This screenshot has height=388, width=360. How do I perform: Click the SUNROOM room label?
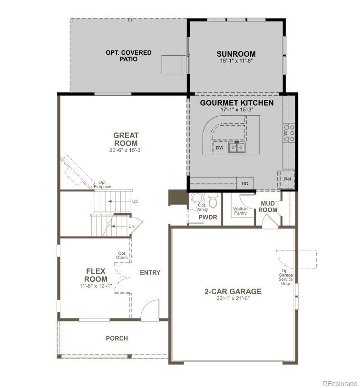tap(236, 54)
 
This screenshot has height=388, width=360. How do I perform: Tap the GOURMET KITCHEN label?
tap(236, 103)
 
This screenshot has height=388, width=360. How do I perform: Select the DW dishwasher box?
tap(219, 148)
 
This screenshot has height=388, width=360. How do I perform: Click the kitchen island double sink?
tap(236, 148)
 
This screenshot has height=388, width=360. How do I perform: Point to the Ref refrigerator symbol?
tap(287, 179)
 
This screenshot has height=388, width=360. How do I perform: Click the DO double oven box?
tap(245, 183)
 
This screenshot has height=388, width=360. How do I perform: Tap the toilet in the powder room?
tap(213, 202)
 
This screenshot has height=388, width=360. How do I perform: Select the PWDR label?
tap(208, 218)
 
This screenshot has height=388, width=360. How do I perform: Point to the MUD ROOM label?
tap(269, 207)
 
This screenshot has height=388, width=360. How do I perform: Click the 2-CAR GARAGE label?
tap(233, 291)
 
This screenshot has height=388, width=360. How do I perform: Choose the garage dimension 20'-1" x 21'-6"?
tap(233, 298)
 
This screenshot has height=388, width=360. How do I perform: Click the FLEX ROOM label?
tap(96, 275)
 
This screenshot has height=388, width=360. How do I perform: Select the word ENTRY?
tap(150, 273)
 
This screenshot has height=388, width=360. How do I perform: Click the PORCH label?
tap(117, 338)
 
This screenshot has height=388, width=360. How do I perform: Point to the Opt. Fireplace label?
tap(102, 185)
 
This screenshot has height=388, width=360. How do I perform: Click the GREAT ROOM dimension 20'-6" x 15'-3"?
tap(126, 150)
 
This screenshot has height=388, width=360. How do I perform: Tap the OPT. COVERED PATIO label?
tap(128, 56)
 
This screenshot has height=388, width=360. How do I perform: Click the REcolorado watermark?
tap(340, 383)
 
